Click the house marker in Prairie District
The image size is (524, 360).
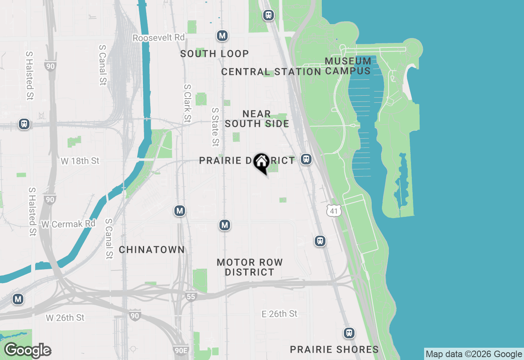point(261,162)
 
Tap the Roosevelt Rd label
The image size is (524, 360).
point(159,38)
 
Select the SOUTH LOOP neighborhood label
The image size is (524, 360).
point(215,54)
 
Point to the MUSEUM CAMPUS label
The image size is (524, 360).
point(348,66)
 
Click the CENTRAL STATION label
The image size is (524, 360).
point(271,72)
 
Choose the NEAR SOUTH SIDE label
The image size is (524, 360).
point(257,119)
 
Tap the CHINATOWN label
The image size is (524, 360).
point(151,250)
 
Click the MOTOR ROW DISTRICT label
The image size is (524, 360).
point(250,267)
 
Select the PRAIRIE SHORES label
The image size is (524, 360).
point(334,349)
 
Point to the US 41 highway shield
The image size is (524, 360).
point(334,211)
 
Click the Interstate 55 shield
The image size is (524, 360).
point(191,296)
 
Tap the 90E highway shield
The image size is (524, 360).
point(181,350)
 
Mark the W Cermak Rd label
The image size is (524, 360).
point(68,224)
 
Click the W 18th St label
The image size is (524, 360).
point(80,161)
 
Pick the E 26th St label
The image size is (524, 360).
point(280,314)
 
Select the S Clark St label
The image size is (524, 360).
point(187,103)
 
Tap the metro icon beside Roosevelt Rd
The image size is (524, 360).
point(222,36)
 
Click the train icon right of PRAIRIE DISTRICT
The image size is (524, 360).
point(306,159)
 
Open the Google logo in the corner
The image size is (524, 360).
point(27,350)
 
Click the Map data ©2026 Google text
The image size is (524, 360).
point(474,354)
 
